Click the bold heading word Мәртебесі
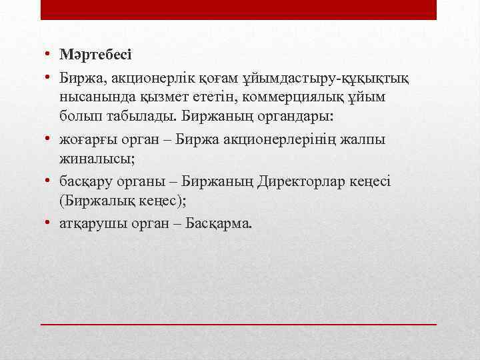pyautogui.click(x=96, y=53)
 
